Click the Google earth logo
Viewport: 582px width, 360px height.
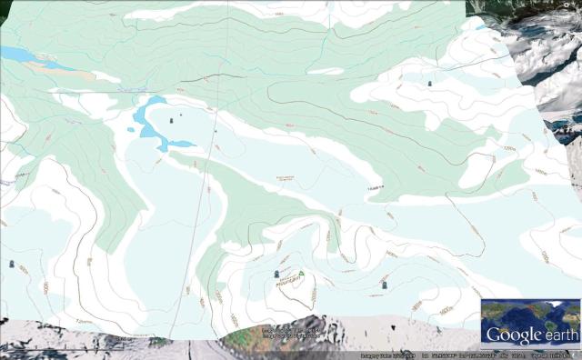(531, 335)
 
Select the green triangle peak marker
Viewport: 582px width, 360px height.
(301, 273)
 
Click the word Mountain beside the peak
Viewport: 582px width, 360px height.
(288, 282)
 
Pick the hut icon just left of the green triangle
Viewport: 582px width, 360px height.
(277, 273)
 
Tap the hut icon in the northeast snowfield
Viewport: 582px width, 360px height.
(430, 83)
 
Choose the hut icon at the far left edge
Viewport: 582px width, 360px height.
(11, 264)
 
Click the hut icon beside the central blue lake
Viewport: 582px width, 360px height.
(172, 117)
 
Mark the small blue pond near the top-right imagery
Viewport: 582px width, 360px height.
(480, 27)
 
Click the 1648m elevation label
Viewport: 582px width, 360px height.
(373, 187)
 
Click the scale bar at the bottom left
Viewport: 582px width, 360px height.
(55, 345)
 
